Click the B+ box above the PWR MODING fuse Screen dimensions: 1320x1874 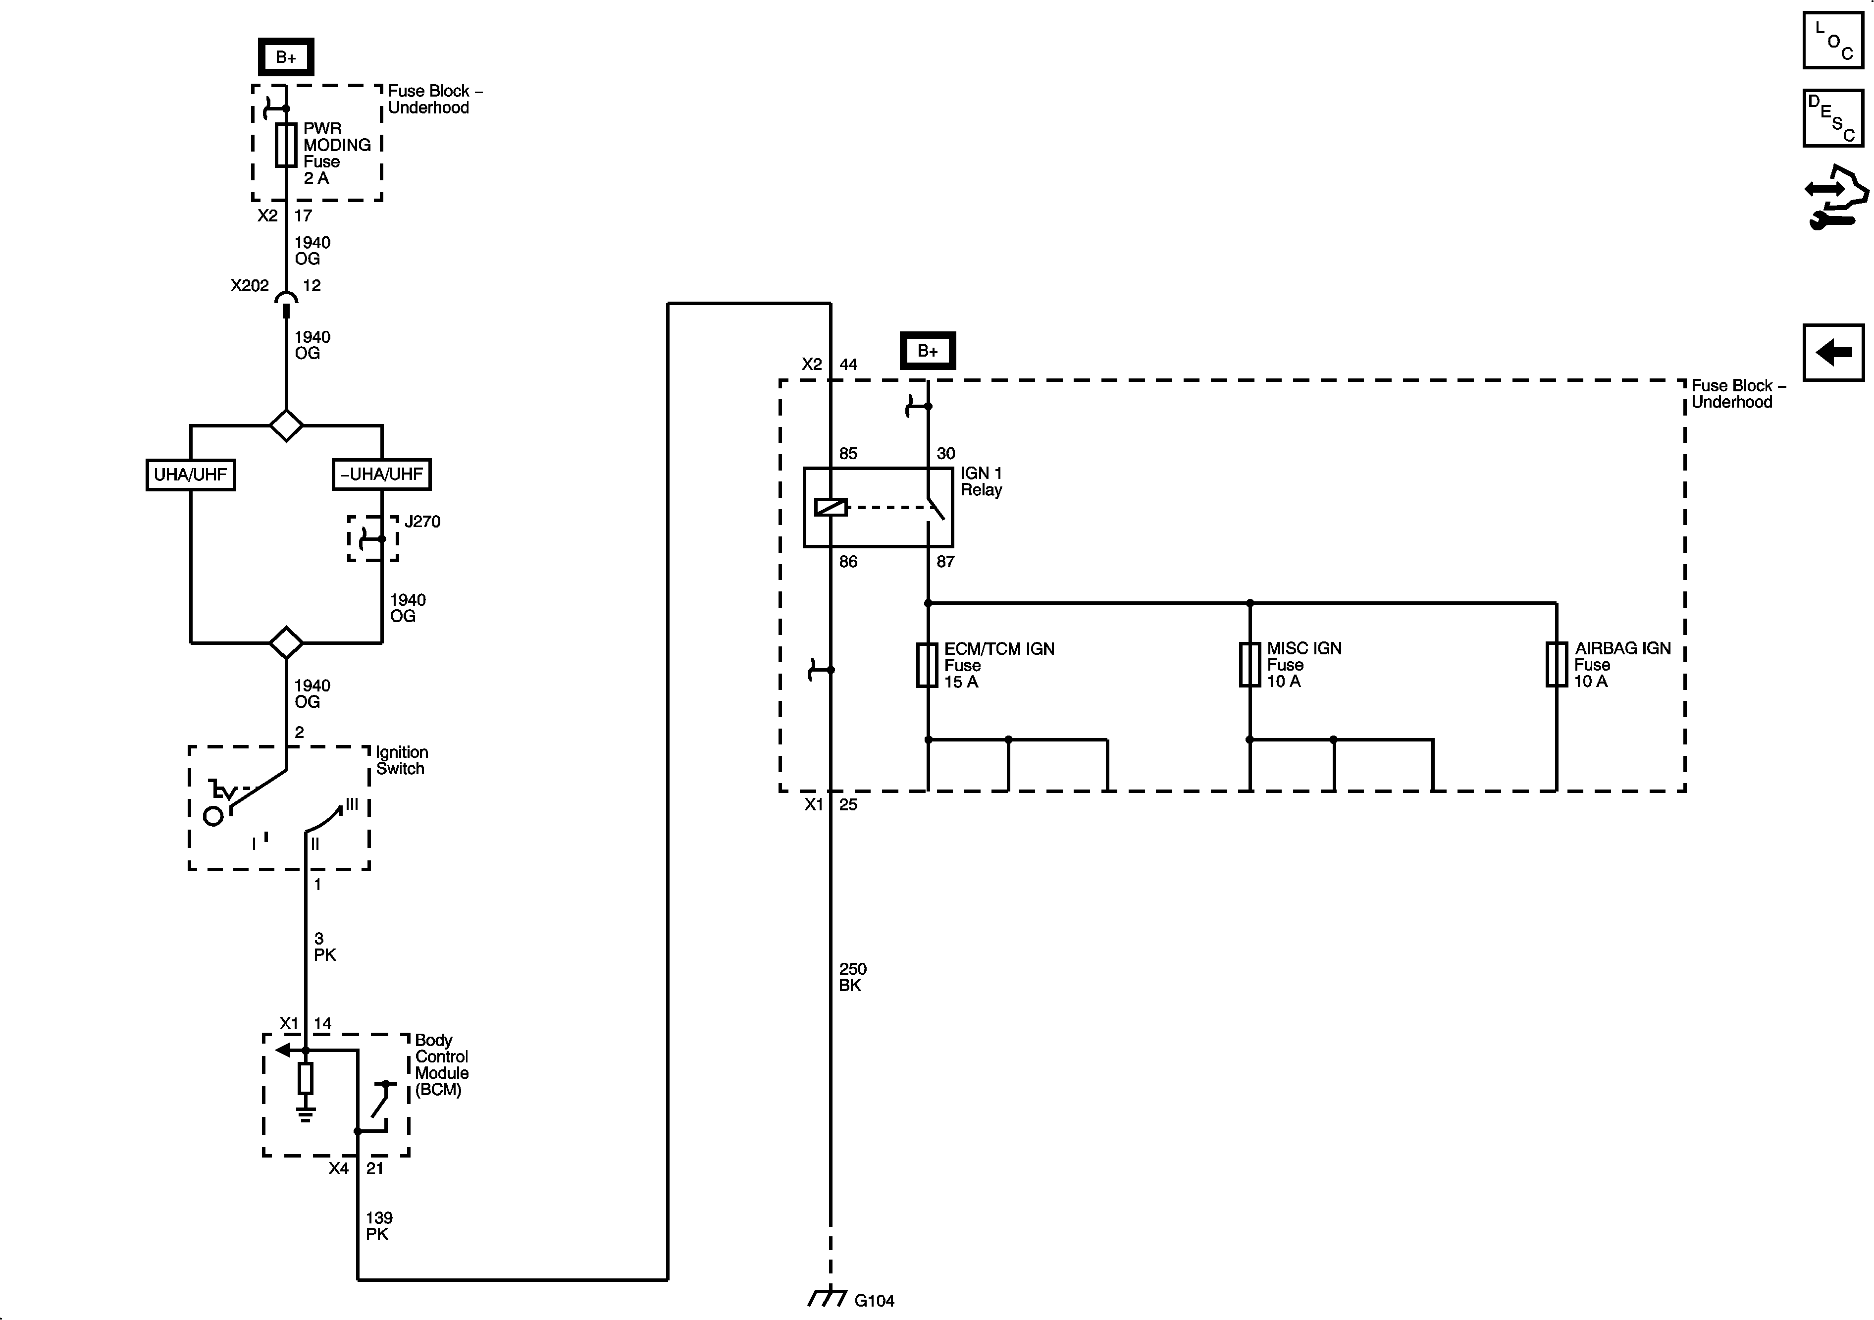click(x=286, y=57)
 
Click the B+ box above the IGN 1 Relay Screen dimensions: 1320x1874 click(x=927, y=351)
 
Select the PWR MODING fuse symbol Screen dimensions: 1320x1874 click(x=286, y=145)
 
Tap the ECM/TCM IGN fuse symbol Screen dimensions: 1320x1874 click(x=927, y=665)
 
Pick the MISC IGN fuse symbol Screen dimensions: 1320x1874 click(x=1249, y=665)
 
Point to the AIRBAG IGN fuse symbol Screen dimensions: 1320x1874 click(x=1557, y=665)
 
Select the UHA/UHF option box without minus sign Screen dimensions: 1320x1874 click(x=190, y=475)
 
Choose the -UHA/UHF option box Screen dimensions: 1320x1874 click(x=382, y=475)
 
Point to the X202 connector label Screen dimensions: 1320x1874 click(x=249, y=286)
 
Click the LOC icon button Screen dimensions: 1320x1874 click(x=1832, y=40)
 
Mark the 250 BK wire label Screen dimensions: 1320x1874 click(x=852, y=977)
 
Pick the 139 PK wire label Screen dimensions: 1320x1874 click(x=379, y=1226)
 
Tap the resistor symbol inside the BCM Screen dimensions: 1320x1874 click(x=305, y=1078)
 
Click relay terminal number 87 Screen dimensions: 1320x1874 click(x=945, y=562)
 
